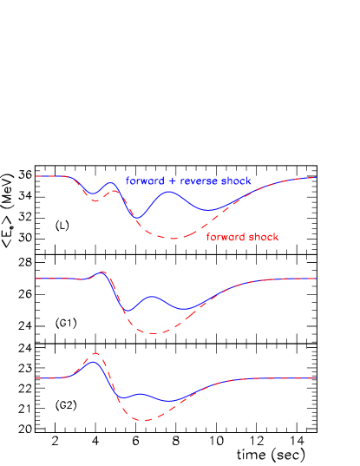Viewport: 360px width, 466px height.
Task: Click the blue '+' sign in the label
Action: pyautogui.click(x=171, y=181)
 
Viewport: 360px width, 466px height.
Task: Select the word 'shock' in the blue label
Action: pyautogui.click(x=236, y=181)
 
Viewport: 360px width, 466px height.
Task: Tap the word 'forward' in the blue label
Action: pyautogui.click(x=145, y=181)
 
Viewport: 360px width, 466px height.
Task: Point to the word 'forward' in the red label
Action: pyautogui.click(x=226, y=237)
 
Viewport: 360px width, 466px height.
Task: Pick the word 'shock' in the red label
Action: pyautogui.click(x=264, y=237)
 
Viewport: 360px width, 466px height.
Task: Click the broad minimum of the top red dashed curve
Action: pyautogui.click(x=174, y=238)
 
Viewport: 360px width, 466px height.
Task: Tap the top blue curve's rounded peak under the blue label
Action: pyautogui.click(x=170, y=192)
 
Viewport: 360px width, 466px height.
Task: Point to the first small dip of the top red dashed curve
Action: pyautogui.click(x=95, y=200)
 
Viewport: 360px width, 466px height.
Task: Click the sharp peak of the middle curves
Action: pyautogui.click(x=104, y=272)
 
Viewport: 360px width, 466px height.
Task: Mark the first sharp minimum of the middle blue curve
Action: pyautogui.click(x=127, y=312)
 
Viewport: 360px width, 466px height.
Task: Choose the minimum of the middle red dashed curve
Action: pyautogui.click(x=153, y=333)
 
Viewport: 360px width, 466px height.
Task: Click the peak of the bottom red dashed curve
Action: pyautogui.click(x=95, y=353)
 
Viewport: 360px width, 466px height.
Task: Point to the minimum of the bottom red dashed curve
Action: pyautogui.click(x=146, y=420)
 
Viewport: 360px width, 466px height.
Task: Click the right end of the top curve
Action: pyautogui.click(x=316, y=177)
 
